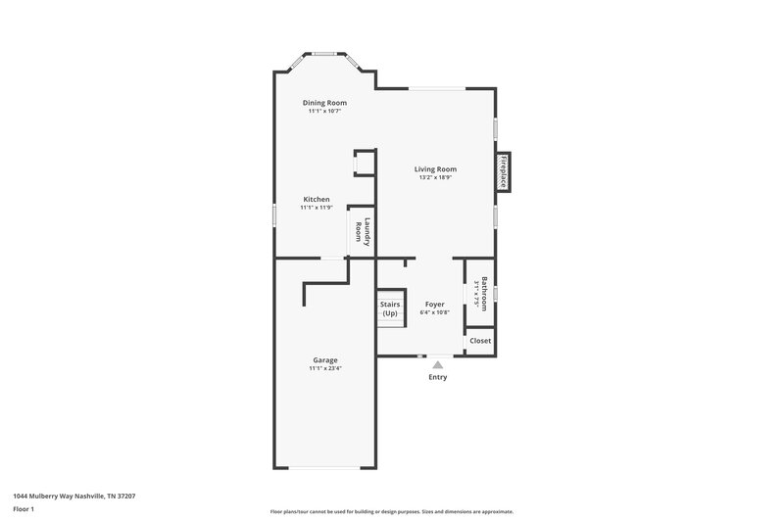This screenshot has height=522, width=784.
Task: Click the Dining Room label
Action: coord(324,103)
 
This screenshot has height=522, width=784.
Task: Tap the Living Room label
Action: coord(436,169)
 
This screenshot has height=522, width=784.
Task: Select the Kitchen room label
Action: coord(317,199)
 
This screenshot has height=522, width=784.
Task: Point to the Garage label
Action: coord(325,359)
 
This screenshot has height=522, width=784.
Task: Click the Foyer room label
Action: coord(434,305)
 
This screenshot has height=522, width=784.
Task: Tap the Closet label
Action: coord(480,341)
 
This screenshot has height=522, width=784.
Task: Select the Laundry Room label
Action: coord(364,231)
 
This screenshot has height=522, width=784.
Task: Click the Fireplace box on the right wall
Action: coord(505,171)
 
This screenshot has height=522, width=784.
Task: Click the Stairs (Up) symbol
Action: coord(390,309)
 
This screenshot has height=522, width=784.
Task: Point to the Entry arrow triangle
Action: coord(438,364)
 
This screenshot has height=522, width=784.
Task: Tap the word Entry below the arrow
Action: coord(438,377)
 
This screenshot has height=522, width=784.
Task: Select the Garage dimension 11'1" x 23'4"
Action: coord(325,368)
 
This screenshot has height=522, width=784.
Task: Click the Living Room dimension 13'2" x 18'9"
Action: coord(436,178)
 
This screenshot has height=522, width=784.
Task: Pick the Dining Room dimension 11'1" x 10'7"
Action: coord(324,112)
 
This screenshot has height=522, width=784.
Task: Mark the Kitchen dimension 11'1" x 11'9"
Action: coord(317,208)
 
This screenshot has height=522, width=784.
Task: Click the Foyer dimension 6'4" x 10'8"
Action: coord(434,313)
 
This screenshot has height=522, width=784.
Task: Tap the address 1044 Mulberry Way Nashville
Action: coord(74,497)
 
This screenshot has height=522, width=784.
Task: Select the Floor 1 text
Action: coord(24,510)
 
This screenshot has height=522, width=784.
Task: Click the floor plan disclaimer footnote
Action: coord(392,511)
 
